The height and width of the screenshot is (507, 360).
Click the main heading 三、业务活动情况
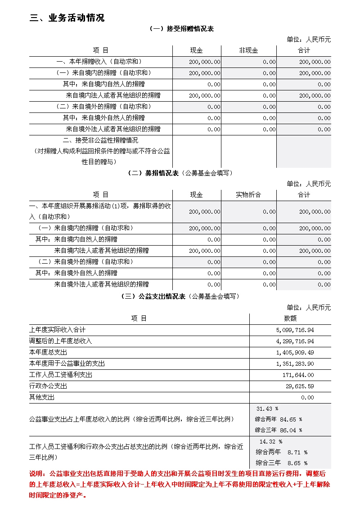pyautogui.click(x=67, y=18)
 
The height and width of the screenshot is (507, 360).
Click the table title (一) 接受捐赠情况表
pyautogui.click(x=181, y=29)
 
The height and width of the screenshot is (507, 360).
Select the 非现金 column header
pyautogui.click(x=248, y=50)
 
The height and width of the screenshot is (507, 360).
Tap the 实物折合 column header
pyautogui.click(x=248, y=195)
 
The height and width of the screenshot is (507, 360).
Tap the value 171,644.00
pyautogui.click(x=298, y=375)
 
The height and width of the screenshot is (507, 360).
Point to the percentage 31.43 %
pyautogui.click(x=267, y=409)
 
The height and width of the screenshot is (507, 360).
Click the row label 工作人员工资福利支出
pyautogui.click(x=61, y=375)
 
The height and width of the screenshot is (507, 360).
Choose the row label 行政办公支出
pyautogui.click(x=48, y=386)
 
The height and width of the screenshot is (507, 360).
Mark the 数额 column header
pyautogui.click(x=290, y=319)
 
